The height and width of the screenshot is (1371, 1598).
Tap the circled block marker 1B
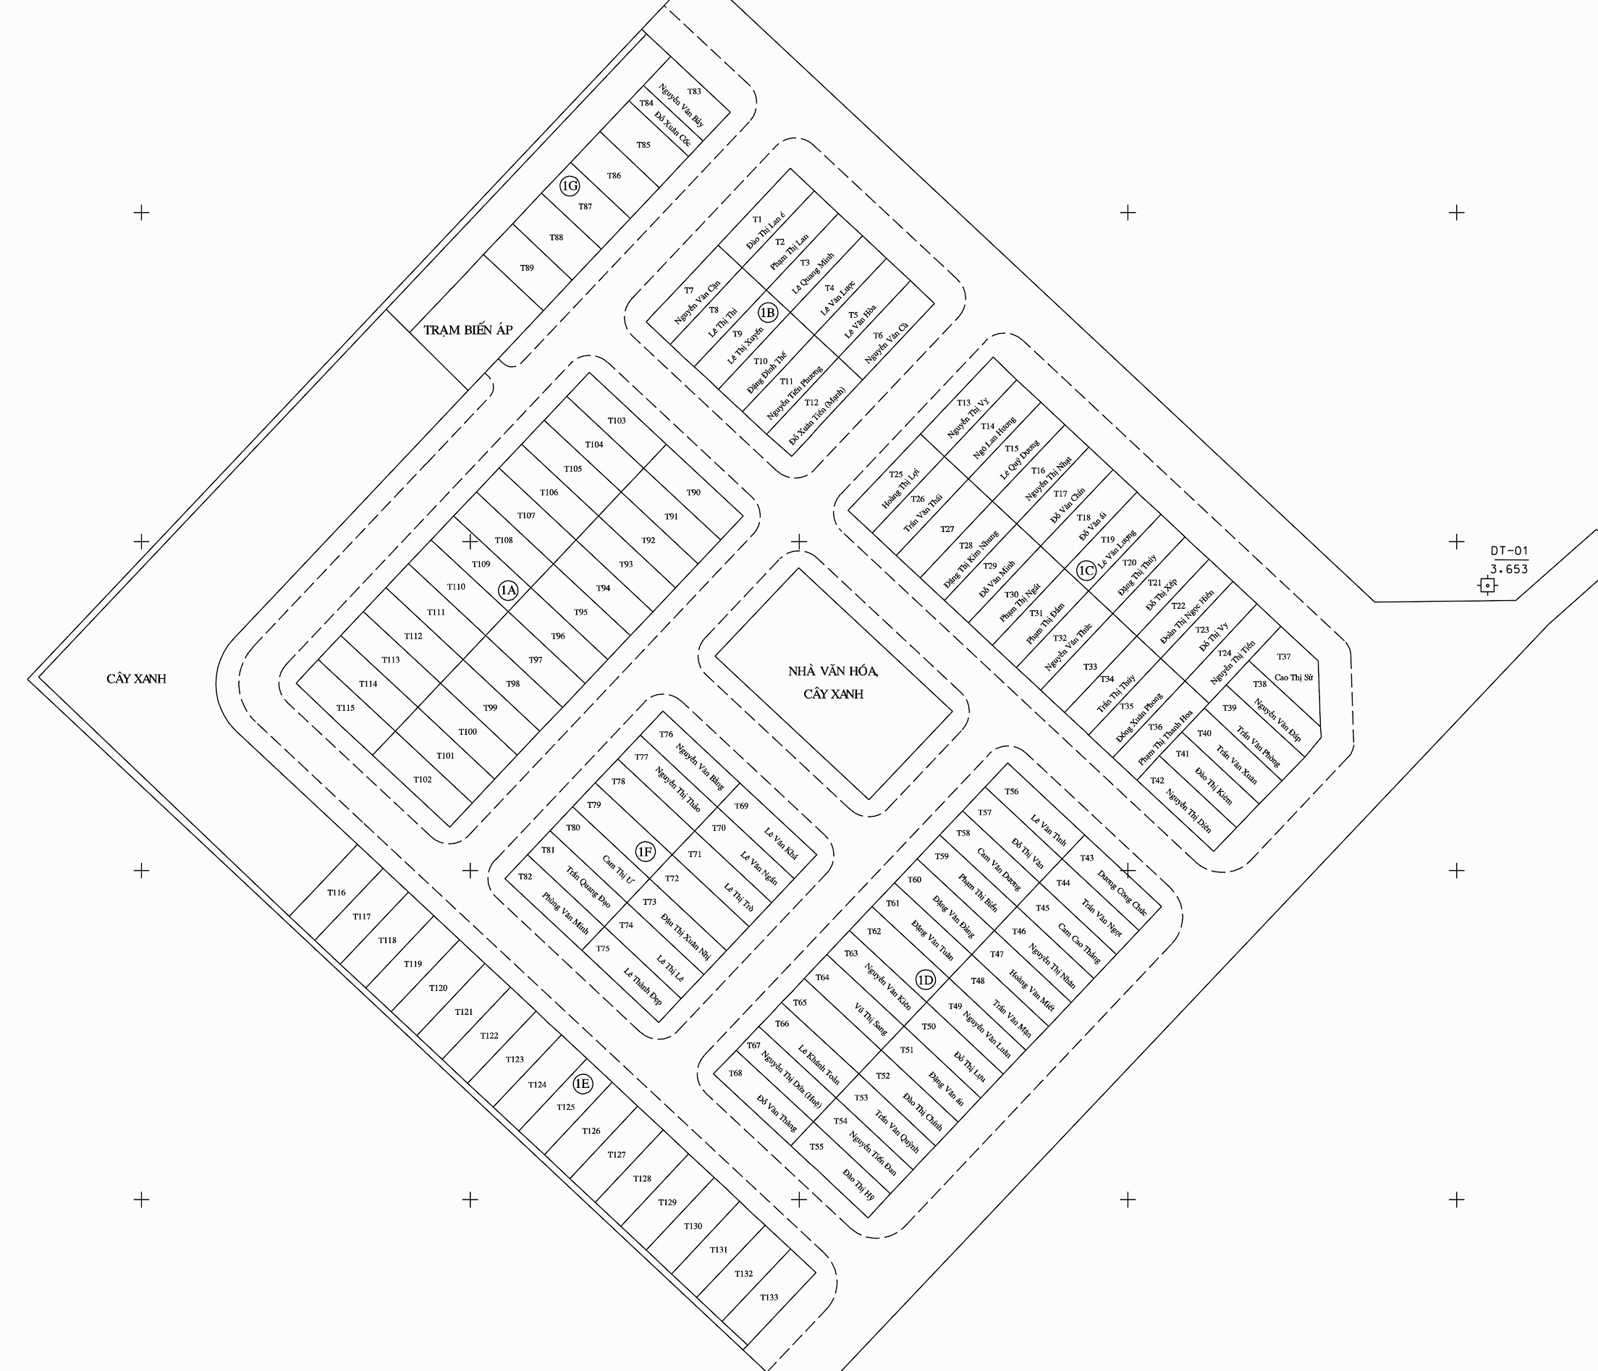pyautogui.click(x=767, y=313)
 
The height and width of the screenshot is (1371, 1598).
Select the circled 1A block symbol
pyautogui.click(x=508, y=590)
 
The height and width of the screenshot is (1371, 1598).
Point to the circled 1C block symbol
pyautogui.click(x=1086, y=570)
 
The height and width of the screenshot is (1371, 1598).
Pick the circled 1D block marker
pyautogui.click(x=925, y=980)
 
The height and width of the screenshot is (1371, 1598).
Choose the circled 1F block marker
pyautogui.click(x=645, y=852)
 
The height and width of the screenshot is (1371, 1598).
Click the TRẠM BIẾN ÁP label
pyautogui.click(x=468, y=330)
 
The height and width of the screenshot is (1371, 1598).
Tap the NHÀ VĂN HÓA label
pyautogui.click(x=833, y=671)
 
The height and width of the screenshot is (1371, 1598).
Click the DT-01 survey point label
pyautogui.click(x=1508, y=551)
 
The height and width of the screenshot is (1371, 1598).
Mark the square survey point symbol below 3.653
pyautogui.click(x=1487, y=586)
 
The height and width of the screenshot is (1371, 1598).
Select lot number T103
pyautogui.click(x=616, y=421)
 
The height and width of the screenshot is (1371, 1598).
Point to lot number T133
pyautogui.click(x=769, y=1297)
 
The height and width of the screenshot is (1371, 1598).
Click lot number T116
pyautogui.click(x=337, y=893)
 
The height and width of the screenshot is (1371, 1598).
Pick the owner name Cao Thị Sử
pyautogui.click(x=1293, y=678)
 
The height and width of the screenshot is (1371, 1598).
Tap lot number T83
pyautogui.click(x=694, y=92)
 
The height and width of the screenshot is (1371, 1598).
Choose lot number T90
pyautogui.click(x=693, y=492)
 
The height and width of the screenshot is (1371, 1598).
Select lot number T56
pyautogui.click(x=1011, y=792)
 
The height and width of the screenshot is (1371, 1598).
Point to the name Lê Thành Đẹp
pyautogui.click(x=643, y=985)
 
